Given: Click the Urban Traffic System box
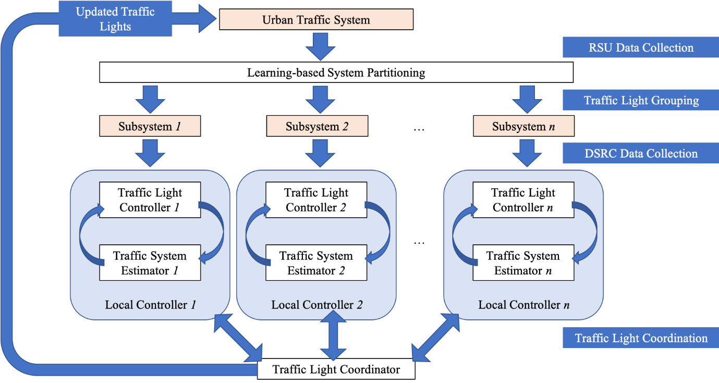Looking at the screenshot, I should click(316, 20).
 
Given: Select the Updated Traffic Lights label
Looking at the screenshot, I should click(115, 18).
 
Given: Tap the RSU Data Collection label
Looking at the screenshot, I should click(641, 47).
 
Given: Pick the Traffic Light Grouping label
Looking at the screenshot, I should click(641, 100).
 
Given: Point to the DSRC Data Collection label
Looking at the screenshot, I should click(641, 153).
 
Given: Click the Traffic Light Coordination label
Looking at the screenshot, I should click(641, 338).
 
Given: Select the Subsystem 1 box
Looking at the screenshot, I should click(150, 126).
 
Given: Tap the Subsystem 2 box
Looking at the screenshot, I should click(317, 126).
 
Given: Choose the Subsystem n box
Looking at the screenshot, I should click(523, 126).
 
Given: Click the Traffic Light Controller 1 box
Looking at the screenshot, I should click(150, 200).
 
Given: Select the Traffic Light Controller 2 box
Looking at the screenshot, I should click(316, 200).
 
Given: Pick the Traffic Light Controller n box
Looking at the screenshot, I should click(523, 200).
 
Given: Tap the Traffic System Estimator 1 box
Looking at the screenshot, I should click(150, 263).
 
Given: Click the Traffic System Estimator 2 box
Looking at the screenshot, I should click(316, 263).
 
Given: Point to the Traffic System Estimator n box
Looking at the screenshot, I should click(523, 263).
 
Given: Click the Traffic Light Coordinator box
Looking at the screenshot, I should click(336, 369).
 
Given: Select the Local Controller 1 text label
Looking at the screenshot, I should click(150, 304).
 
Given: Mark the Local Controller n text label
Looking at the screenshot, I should click(523, 304).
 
